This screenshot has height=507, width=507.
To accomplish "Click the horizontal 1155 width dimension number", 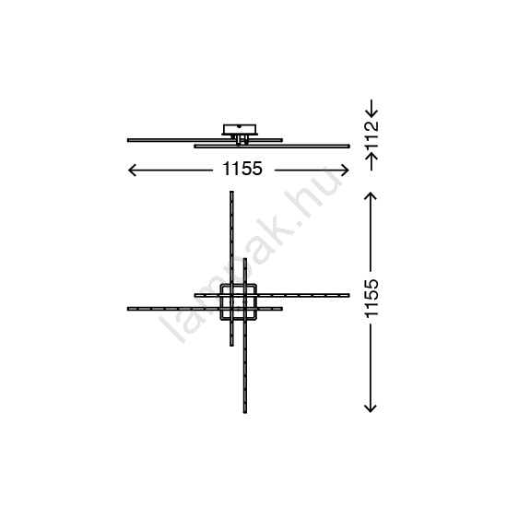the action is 242,169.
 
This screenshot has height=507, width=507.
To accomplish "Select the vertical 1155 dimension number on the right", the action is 371,298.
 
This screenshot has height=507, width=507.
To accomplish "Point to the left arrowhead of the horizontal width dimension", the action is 132,171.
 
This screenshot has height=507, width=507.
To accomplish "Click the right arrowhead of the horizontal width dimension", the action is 345,171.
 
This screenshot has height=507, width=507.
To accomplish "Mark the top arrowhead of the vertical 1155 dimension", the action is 371,196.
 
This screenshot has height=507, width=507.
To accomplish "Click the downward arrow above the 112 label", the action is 371,108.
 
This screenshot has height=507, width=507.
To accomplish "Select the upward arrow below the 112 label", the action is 371,161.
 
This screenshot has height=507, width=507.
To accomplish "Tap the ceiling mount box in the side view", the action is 240,129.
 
